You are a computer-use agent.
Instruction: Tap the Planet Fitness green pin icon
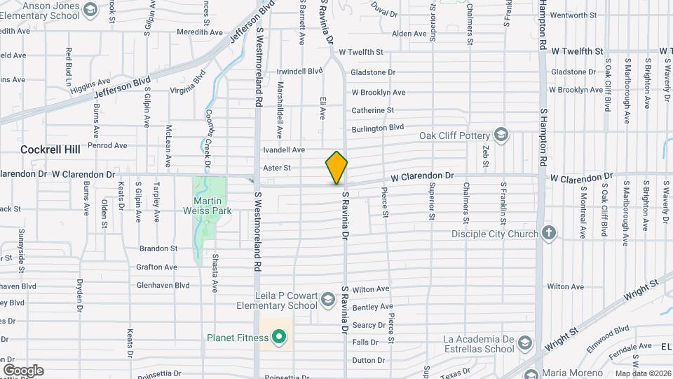[x=279, y=338]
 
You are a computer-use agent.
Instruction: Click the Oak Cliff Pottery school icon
[x=501, y=135]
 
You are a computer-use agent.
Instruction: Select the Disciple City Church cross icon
[x=549, y=233]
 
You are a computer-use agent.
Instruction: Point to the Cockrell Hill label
[x=50, y=149]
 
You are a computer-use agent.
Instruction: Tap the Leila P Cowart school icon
[x=327, y=300]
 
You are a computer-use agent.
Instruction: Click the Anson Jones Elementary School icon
[x=90, y=10]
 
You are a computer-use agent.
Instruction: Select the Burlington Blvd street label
[x=378, y=127]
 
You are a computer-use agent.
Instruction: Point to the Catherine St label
[x=372, y=110]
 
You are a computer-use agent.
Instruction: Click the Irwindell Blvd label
[x=299, y=71]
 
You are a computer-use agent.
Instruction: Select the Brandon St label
[x=158, y=248]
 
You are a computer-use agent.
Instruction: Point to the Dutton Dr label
[x=365, y=361]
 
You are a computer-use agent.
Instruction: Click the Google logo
[x=23, y=371]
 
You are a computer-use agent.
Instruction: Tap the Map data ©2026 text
[x=642, y=373]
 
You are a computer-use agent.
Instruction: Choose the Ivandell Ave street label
[x=283, y=149]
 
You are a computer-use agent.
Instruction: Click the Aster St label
[x=276, y=168]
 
